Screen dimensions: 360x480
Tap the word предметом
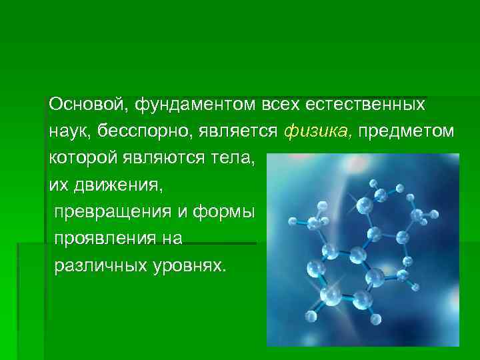click(407, 132)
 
